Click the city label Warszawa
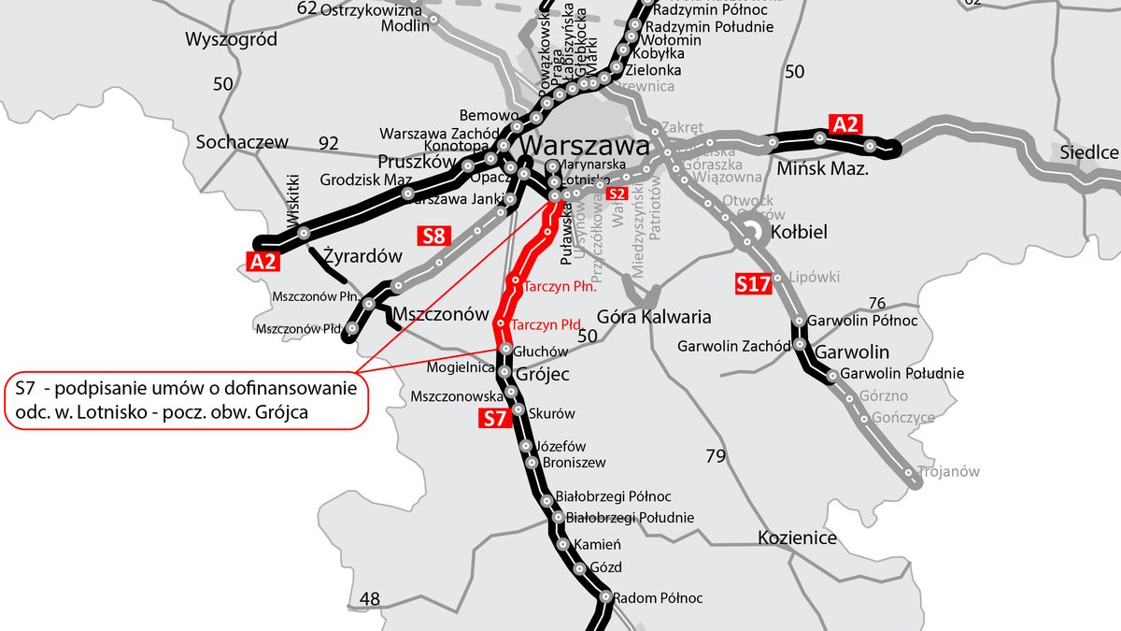tap(585, 147)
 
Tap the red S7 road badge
tap(495, 419)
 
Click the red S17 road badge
tap(753, 283)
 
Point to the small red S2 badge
tap(616, 194)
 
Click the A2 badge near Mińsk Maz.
tap(845, 124)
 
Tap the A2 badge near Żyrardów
tap(263, 261)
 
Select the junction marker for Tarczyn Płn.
tap(515, 280)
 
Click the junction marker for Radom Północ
tap(605, 596)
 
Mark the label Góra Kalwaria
tap(653, 317)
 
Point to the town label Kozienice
tap(797, 538)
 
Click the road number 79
tap(716, 456)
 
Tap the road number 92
tap(328, 143)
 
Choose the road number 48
tap(370, 598)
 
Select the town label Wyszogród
tap(231, 39)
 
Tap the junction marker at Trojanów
tap(910, 477)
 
